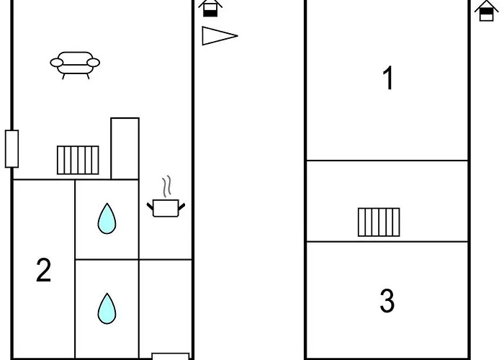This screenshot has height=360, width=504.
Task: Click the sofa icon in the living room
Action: [75, 63]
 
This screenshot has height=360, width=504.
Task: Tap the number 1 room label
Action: [388, 78]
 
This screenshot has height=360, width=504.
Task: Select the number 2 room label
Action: [44, 271]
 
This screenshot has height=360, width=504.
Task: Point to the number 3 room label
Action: [387, 302]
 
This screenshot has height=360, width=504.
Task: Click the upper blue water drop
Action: [107, 218]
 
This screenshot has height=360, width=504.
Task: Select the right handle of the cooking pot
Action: [182, 206]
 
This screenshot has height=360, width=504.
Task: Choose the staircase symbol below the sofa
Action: [78, 160]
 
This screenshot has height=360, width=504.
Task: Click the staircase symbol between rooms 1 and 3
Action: [379, 222]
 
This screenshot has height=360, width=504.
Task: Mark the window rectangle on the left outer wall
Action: [11, 148]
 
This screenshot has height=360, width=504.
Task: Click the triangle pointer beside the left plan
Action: [218, 35]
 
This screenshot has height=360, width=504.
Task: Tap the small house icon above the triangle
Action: [210, 8]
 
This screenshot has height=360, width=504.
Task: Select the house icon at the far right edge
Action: [486, 10]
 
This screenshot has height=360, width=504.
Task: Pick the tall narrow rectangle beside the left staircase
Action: [125, 148]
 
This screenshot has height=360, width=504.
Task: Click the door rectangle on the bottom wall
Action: [170, 356]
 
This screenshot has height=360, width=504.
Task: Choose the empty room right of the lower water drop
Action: [165, 307]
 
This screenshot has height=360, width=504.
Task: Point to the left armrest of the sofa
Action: [56, 63]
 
